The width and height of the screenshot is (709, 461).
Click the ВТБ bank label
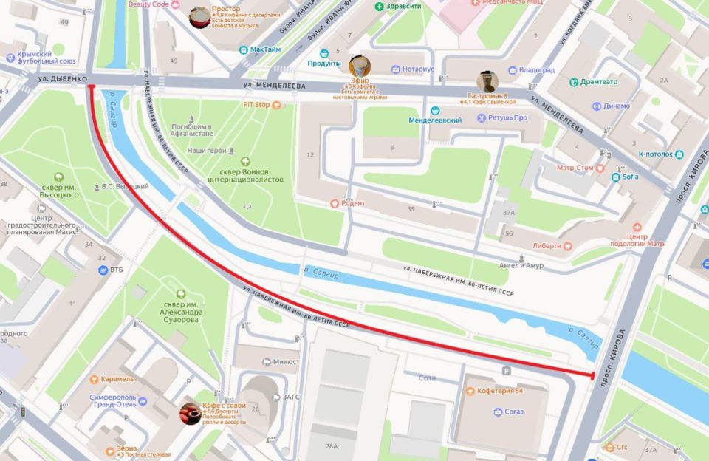point(116,270)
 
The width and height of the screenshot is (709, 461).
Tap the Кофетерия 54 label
point(499,390)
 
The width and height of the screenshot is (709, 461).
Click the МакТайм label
point(265,50)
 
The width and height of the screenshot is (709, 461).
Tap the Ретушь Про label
point(510,117)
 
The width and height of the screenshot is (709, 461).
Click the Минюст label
point(286,361)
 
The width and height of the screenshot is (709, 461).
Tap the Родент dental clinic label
point(348,203)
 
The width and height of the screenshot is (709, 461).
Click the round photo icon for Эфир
point(360,66)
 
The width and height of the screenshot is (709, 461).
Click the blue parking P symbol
point(506,371)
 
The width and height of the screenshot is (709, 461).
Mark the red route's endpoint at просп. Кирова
point(592,376)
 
